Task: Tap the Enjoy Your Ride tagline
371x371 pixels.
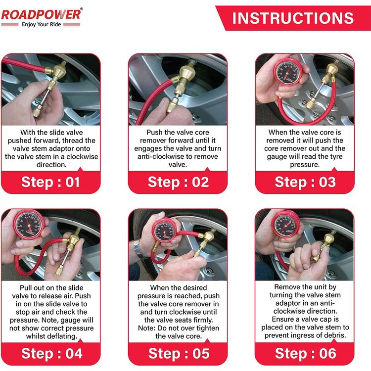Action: click(x=41, y=25)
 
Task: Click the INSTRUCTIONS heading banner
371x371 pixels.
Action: click(x=293, y=18)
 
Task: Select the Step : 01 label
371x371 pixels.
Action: click(x=50, y=182)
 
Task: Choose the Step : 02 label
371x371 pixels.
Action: click(x=178, y=182)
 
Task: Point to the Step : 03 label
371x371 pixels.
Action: click(x=305, y=182)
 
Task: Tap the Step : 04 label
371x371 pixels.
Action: click(x=50, y=354)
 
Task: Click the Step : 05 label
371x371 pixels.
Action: click(x=178, y=354)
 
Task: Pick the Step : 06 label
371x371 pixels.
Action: click(x=305, y=354)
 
